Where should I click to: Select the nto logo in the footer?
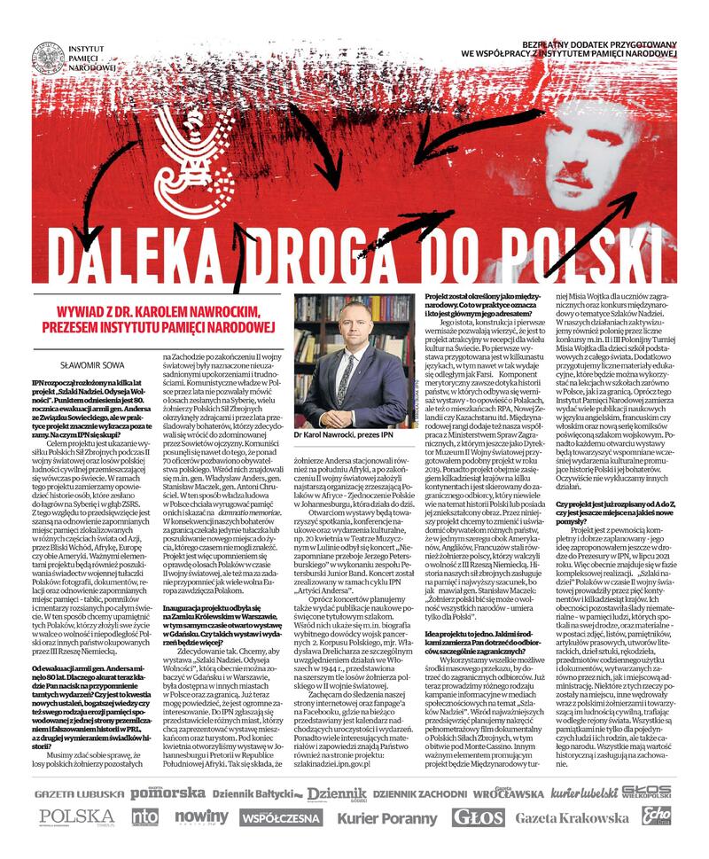pos(145,817)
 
